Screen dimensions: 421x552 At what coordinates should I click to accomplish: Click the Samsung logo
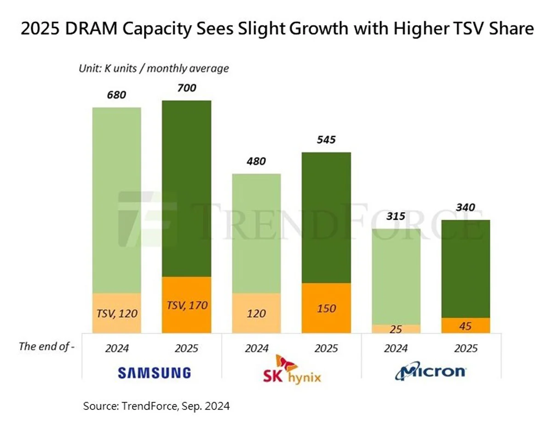pos(154,372)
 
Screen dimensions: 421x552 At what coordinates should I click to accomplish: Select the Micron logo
pos(430,371)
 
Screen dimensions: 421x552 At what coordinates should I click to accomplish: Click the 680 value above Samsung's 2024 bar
pos(117,95)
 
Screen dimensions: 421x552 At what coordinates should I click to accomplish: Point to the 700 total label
pos(186,88)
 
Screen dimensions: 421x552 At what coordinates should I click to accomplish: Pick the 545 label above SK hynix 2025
pos(326,139)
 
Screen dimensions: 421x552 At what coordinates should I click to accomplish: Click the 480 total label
pos(256,161)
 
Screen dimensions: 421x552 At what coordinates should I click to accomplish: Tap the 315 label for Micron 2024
pos(396,216)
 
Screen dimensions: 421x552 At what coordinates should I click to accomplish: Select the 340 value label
pos(465,207)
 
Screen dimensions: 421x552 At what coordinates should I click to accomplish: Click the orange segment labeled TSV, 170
pos(186,305)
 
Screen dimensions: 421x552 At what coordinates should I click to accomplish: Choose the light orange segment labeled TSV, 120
pos(117,313)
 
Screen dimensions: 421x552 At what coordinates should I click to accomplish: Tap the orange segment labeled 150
pos(326,308)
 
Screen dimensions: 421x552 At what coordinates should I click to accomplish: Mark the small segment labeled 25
pos(396,329)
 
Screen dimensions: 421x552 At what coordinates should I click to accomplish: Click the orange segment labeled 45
pos(465,325)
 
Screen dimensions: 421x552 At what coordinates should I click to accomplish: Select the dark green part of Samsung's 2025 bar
pos(186,188)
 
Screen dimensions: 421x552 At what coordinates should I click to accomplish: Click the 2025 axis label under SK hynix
pos(326,348)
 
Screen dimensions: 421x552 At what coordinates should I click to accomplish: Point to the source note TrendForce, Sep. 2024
pos(156,406)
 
